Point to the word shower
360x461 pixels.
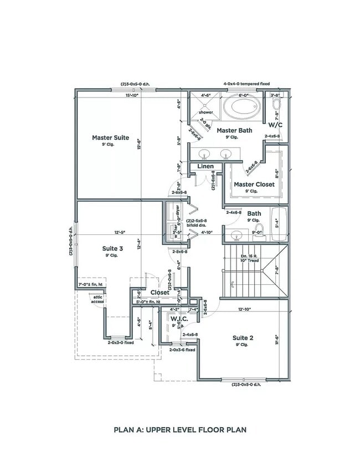205,112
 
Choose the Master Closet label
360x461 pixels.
254,184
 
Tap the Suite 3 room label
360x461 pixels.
112,248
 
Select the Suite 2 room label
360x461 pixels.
243,337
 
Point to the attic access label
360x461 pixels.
97,299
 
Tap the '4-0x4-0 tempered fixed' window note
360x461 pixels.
246,84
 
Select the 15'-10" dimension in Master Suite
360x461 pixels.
132,95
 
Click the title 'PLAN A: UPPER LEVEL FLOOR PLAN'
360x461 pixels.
180,429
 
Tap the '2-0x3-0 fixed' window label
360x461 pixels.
120,342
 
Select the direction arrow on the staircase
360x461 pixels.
275,270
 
